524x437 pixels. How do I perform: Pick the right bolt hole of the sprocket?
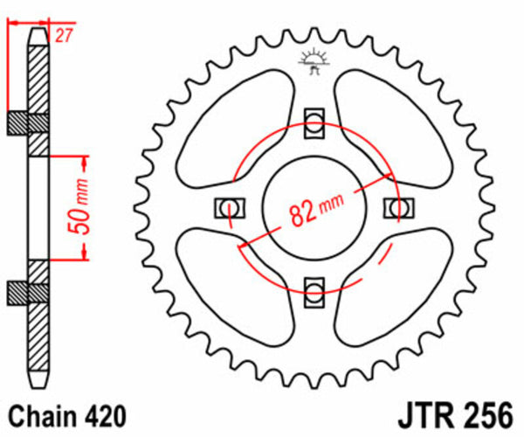tap(398, 206)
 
